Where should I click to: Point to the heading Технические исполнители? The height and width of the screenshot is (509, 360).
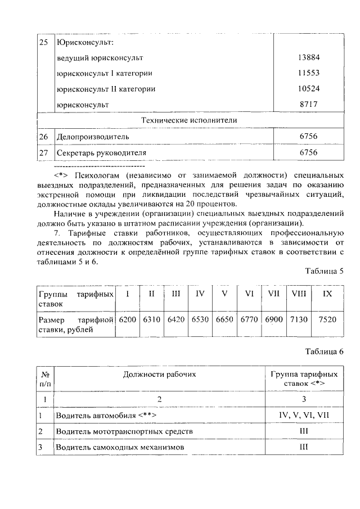pyautogui.click(x=188, y=120)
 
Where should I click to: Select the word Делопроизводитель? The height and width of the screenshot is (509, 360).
pyautogui.click(x=93, y=137)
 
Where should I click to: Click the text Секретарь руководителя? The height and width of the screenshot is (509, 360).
pyautogui.click(x=101, y=152)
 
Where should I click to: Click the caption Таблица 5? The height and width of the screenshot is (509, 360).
pyautogui.click(x=324, y=271)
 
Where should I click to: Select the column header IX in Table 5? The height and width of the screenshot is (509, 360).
pyautogui.click(x=327, y=294)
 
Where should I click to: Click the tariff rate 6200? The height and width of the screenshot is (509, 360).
pyautogui.click(x=128, y=319)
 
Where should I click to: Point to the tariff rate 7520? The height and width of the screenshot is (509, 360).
pyautogui.click(x=327, y=319)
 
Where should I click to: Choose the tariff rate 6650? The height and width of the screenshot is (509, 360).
pyautogui.click(x=224, y=319)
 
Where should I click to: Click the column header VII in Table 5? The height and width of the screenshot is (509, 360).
pyautogui.click(x=274, y=294)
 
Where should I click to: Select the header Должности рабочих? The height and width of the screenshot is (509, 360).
pyautogui.click(x=160, y=375)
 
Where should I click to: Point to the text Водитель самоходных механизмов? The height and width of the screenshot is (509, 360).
pyautogui.click(x=120, y=448)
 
